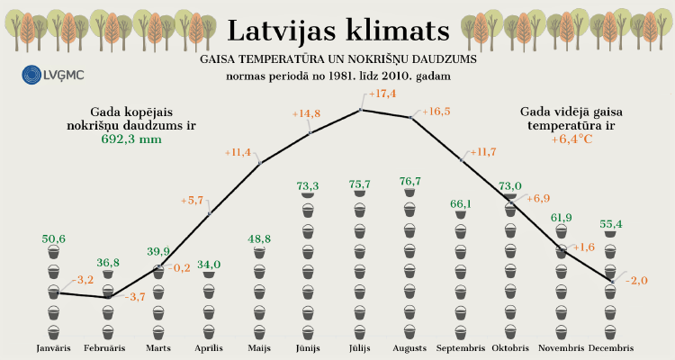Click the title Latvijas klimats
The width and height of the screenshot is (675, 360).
pyautogui.click(x=337, y=30)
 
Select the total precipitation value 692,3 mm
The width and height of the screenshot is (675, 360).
pyautogui.click(x=131, y=139)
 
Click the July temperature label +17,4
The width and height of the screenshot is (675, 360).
pyautogui.click(x=382, y=94)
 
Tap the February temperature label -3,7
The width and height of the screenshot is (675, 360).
pyautogui.click(x=132, y=296)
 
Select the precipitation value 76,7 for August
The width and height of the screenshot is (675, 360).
pyautogui.click(x=409, y=182)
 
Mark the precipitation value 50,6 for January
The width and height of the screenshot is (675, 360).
pyautogui.click(x=54, y=238)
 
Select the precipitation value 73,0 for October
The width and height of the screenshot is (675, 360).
pyautogui.click(x=511, y=186)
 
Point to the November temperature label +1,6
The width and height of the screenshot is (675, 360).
pyautogui.click(x=583, y=247)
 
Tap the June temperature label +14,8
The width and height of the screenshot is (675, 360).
pyautogui.click(x=306, y=113)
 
